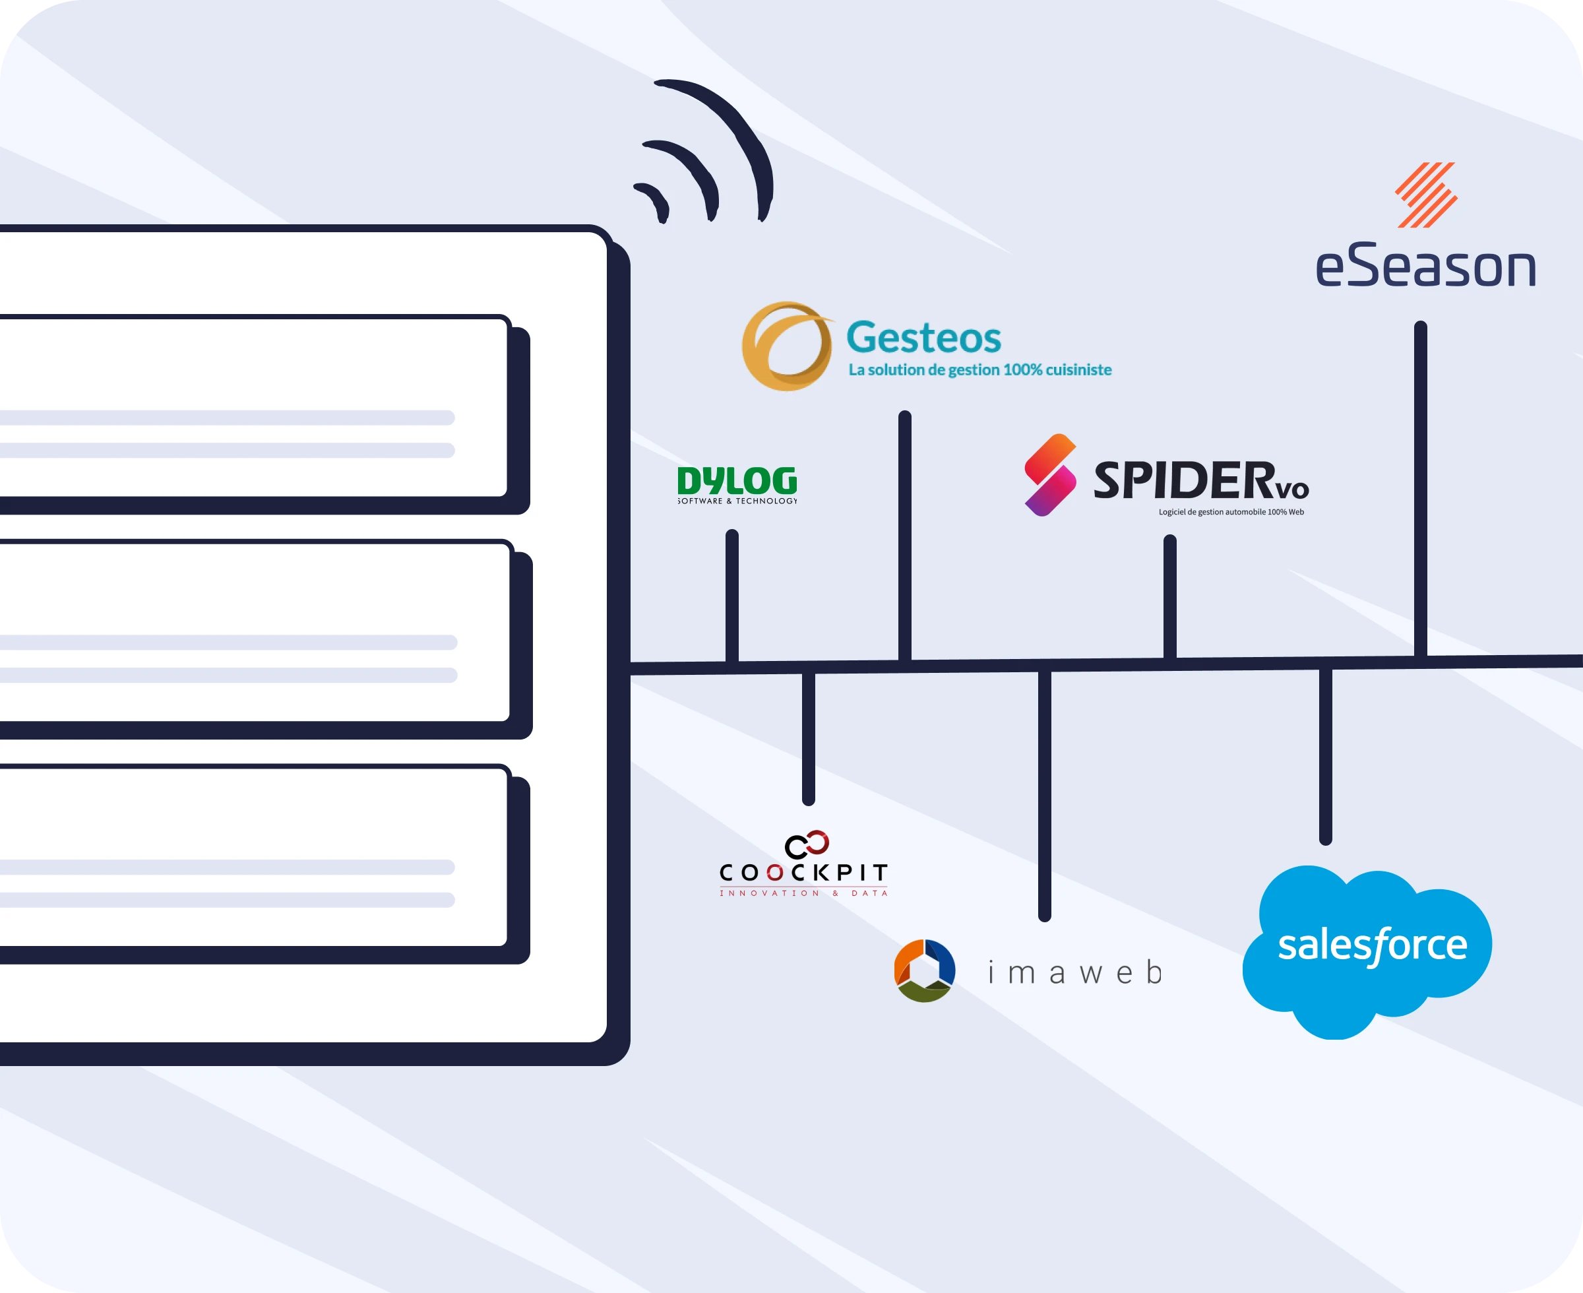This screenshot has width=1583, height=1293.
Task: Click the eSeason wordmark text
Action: pyautogui.click(x=1425, y=267)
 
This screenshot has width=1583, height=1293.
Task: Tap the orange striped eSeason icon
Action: pyautogui.click(x=1426, y=195)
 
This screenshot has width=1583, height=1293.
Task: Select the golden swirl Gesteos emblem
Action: pyautogui.click(x=786, y=346)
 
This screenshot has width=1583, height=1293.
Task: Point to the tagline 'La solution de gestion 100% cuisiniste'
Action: pyautogui.click(x=980, y=370)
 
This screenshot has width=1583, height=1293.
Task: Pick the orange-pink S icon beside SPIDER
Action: pyautogui.click(x=1050, y=475)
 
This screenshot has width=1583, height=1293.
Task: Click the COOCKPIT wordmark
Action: pyautogui.click(x=803, y=872)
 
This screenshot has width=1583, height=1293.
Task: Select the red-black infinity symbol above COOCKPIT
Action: pyautogui.click(x=807, y=844)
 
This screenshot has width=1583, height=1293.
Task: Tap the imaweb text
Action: pyautogui.click(x=1074, y=973)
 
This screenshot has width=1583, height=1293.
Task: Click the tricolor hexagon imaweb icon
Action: pyautogui.click(x=924, y=970)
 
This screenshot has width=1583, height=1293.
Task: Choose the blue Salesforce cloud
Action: pyautogui.click(x=1367, y=950)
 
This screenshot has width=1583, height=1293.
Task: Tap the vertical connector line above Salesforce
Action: pyautogui.click(x=1325, y=756)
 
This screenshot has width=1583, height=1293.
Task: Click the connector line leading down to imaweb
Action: pyautogui.click(x=1045, y=793)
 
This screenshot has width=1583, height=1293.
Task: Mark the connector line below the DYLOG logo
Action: pyautogui.click(x=732, y=596)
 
